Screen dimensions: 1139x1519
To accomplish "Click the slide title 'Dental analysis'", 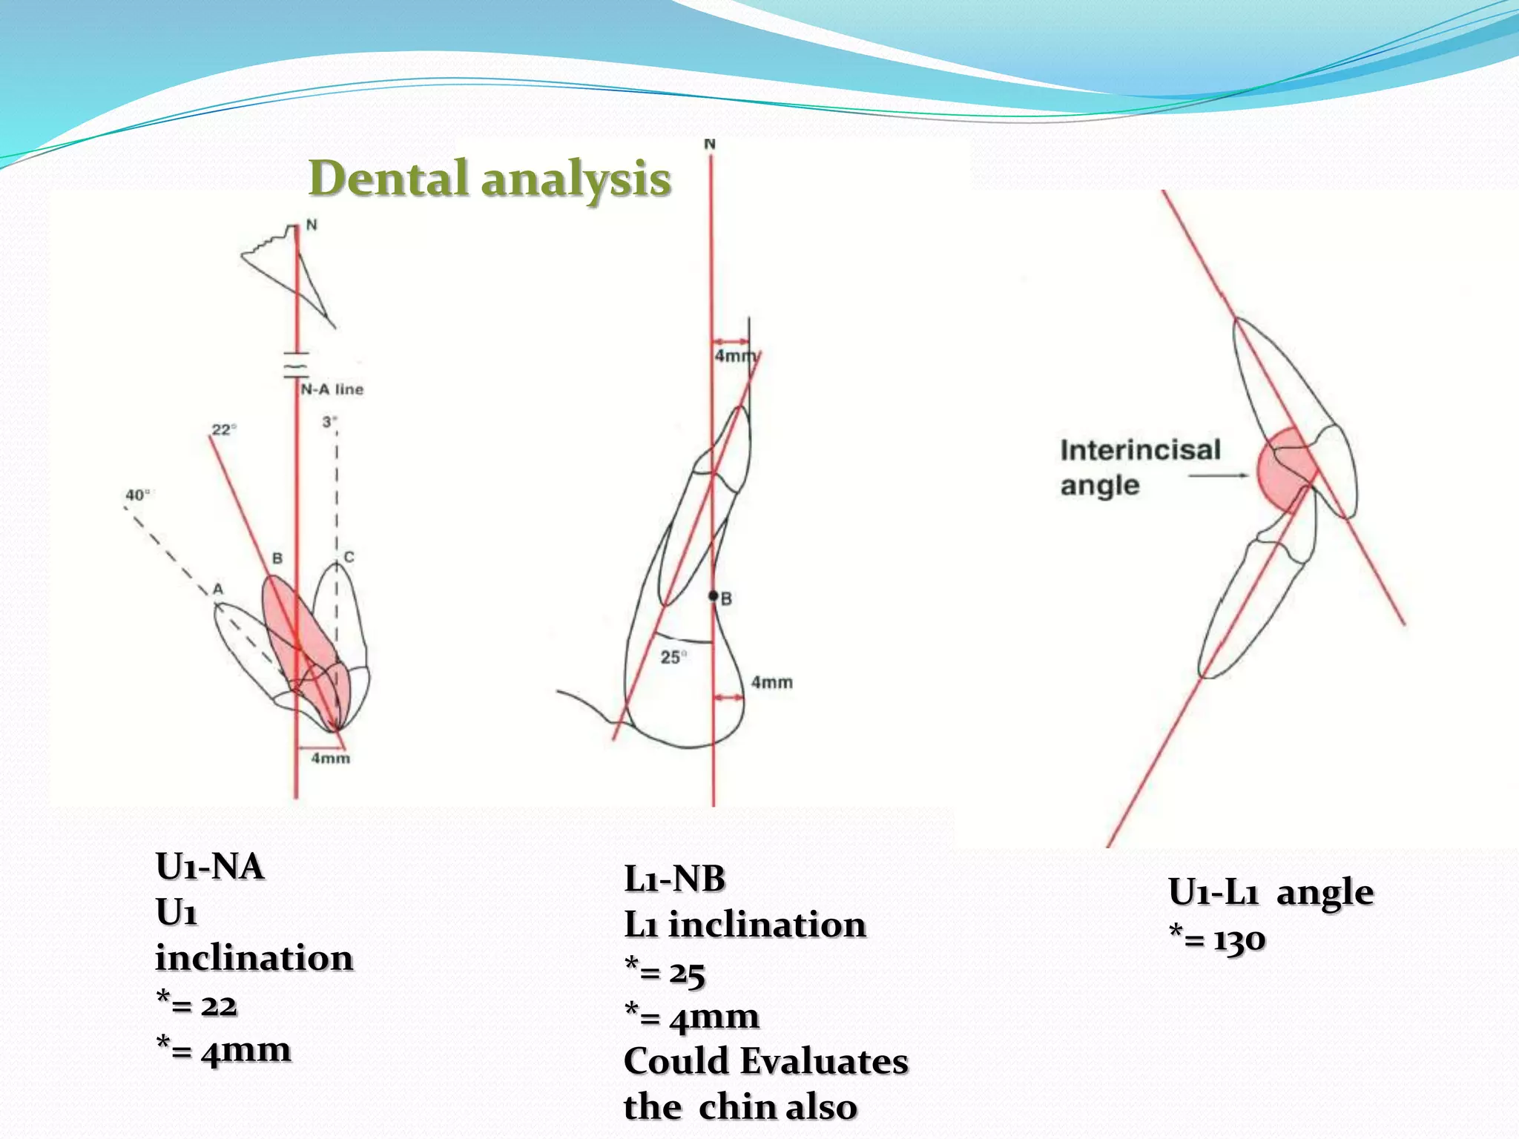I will coord(490,179).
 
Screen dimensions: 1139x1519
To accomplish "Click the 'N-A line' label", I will coord(332,389).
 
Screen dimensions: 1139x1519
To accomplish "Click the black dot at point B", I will coord(714,595).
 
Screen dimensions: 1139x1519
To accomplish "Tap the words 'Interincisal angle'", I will coord(1139,467).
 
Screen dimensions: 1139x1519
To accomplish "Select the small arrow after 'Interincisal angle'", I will coord(1219,475).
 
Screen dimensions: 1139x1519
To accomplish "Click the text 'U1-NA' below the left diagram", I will coord(210,866).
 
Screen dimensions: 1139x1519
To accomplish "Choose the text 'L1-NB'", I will coord(674,879).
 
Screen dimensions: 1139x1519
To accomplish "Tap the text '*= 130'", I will coord(1217,940).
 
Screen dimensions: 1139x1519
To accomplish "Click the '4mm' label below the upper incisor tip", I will coord(330,758).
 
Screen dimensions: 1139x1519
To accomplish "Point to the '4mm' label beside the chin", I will coord(771,682).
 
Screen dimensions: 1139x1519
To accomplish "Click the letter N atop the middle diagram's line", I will coord(710,144).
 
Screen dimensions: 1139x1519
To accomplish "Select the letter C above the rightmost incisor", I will coord(349,557).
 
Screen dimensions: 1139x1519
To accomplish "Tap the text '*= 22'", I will coord(197,1005).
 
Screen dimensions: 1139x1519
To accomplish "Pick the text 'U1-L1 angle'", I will coord(1271,892).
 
